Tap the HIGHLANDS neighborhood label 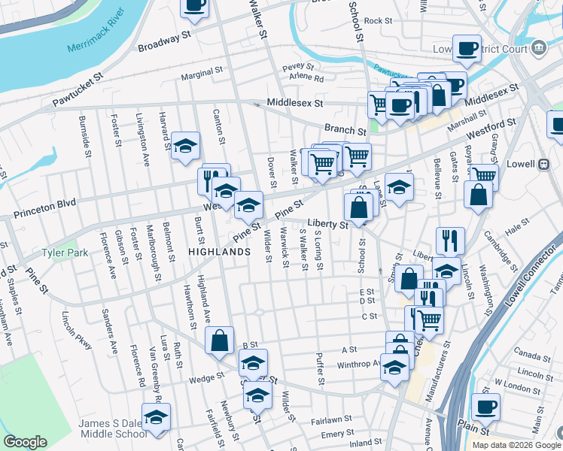tap(219, 253)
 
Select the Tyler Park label tap(65, 253)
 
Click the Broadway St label tap(166, 42)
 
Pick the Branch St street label tap(345, 129)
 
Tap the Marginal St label tap(203, 77)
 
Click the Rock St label tap(379, 21)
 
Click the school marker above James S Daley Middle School tap(157, 417)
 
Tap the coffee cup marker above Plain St tap(485, 408)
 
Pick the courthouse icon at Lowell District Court tap(538, 49)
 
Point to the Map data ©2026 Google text tap(516, 445)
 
